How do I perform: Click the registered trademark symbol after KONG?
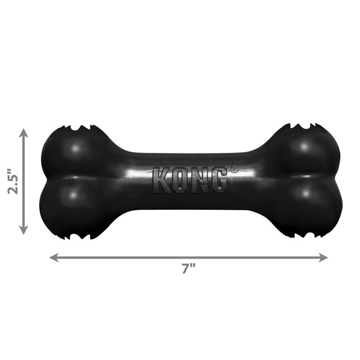point(234,169)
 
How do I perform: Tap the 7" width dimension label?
point(188,269)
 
